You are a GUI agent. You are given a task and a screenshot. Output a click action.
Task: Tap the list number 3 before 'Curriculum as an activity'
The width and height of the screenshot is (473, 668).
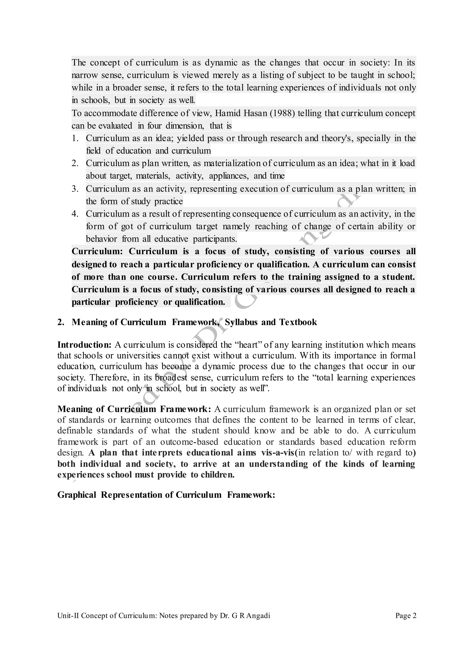tap(75, 189)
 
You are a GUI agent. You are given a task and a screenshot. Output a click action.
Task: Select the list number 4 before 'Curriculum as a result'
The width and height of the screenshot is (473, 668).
tap(75, 214)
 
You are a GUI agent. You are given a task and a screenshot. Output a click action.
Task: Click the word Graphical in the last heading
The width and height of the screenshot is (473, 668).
tap(77, 495)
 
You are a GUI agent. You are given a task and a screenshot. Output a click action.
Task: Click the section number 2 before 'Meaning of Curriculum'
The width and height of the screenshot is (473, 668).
tap(60, 322)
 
